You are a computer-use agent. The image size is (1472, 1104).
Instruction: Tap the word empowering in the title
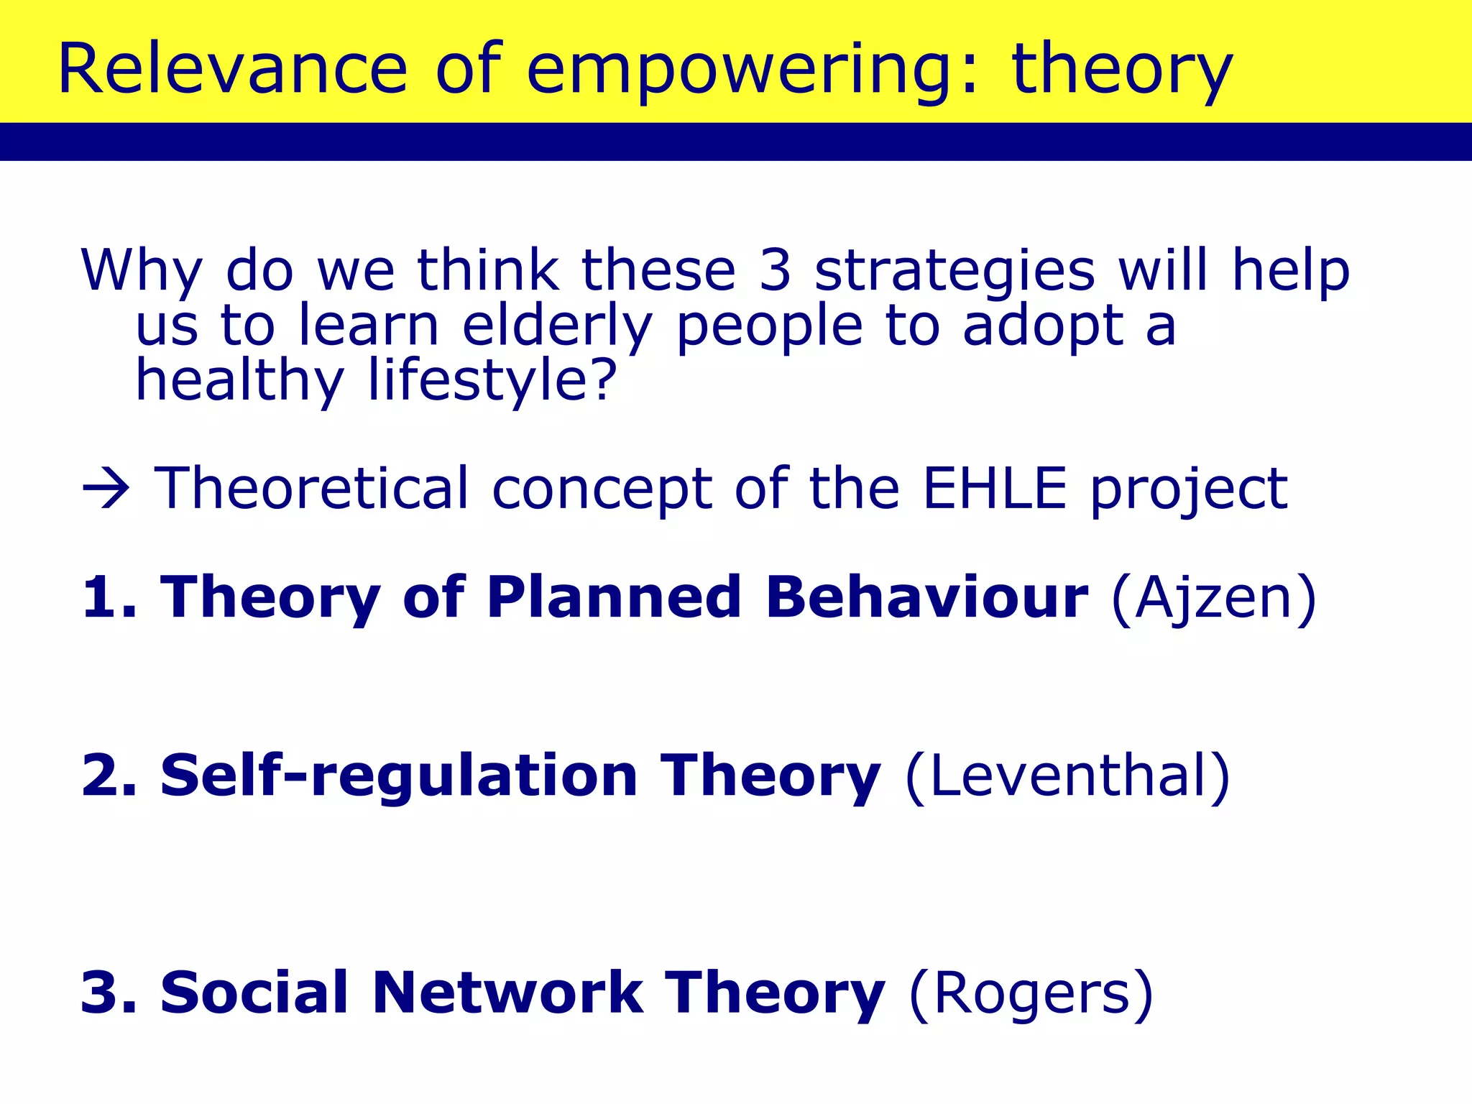(x=751, y=70)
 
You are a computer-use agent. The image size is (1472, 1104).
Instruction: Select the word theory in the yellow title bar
(x=1121, y=70)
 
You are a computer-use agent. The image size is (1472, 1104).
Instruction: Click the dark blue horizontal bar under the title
(x=736, y=141)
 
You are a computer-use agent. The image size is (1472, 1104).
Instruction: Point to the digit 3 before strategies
(x=775, y=270)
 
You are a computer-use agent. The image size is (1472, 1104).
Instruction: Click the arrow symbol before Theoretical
(x=106, y=489)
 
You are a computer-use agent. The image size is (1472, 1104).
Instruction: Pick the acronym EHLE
(x=995, y=489)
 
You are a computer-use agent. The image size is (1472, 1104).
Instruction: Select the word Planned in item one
(x=613, y=597)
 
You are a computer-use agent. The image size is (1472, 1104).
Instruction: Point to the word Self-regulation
(x=398, y=776)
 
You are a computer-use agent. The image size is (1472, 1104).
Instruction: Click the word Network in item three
(x=507, y=993)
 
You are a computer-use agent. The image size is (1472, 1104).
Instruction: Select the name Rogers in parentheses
(x=1031, y=995)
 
